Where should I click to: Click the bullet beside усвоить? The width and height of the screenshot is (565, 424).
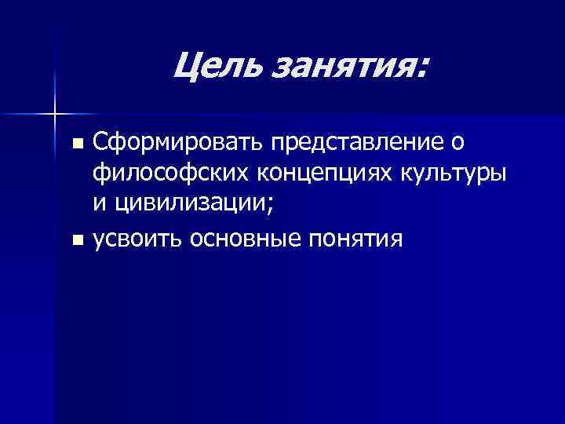(76, 239)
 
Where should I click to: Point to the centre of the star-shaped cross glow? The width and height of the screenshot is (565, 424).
(55, 114)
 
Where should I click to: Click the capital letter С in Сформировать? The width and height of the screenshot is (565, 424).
(100, 144)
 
